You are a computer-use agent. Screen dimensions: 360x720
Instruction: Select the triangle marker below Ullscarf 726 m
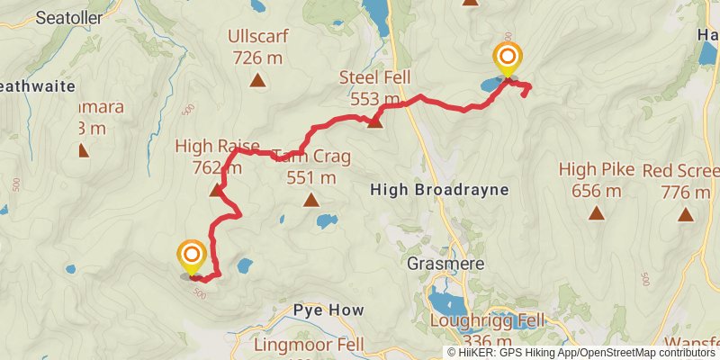(x=258, y=81)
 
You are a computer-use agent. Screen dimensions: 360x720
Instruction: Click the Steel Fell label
(x=369, y=77)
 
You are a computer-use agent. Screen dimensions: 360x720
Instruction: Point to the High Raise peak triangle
(x=216, y=190)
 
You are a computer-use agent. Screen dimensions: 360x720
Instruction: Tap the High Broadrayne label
(x=439, y=190)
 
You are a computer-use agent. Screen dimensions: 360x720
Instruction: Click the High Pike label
(x=596, y=169)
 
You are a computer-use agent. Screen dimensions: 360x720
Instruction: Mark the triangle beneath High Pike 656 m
(x=596, y=213)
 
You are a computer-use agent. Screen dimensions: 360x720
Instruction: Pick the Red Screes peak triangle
(x=686, y=214)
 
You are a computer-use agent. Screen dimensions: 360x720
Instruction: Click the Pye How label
(x=328, y=310)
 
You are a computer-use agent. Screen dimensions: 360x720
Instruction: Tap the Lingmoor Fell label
(x=309, y=345)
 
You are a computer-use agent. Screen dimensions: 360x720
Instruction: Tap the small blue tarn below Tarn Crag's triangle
(x=327, y=220)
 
